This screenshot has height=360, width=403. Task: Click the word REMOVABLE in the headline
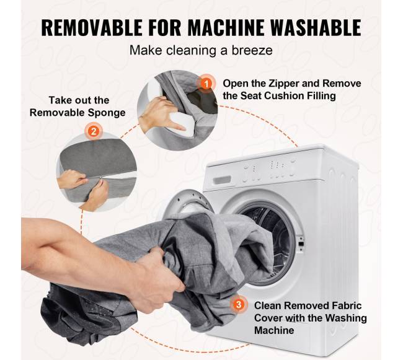pyautogui.click(x=92, y=27)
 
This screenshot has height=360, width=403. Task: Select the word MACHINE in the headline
pyautogui.click(x=226, y=27)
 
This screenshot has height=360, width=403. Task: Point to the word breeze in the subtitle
pyautogui.click(x=252, y=50)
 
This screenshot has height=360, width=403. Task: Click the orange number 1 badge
pyautogui.click(x=206, y=84)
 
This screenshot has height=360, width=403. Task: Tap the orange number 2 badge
pyautogui.click(x=94, y=131)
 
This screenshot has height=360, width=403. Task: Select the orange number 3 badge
pyautogui.click(x=239, y=304)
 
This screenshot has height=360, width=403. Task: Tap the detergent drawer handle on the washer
pyautogui.click(x=223, y=180)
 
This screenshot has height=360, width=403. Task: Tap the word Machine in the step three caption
pyautogui.click(x=274, y=330)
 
